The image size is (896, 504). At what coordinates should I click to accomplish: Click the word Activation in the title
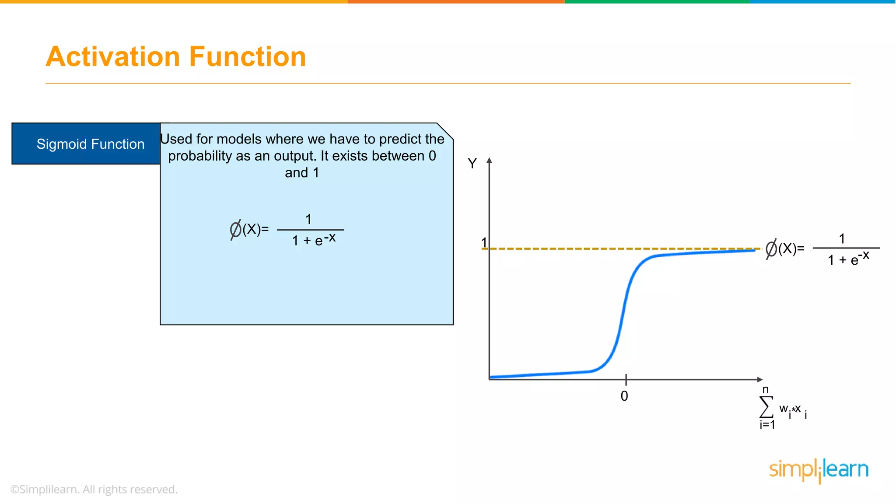tap(113, 57)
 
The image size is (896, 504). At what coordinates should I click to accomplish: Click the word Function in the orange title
tap(247, 57)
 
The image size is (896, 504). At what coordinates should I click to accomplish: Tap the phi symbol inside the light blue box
tap(235, 229)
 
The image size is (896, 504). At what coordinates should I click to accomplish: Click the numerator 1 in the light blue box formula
tap(308, 219)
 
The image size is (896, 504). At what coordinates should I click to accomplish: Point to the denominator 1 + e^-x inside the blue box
tap(313, 240)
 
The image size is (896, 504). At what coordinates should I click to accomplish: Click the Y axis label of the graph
tap(472, 164)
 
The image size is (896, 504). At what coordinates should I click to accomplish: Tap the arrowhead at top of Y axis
tap(489, 160)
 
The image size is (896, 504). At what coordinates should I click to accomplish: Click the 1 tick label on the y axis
tap(484, 242)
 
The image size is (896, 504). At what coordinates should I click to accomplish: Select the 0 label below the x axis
tap(624, 396)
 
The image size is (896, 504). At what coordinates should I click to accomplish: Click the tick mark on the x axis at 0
tap(626, 379)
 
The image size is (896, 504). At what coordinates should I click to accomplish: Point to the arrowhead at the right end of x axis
tap(760, 379)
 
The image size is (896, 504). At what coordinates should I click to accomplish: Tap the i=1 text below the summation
tap(767, 425)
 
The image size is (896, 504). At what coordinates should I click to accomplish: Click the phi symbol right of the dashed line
tap(771, 249)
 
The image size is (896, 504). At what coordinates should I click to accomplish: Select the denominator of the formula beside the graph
tap(848, 259)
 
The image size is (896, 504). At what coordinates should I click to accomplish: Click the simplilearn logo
tap(819, 470)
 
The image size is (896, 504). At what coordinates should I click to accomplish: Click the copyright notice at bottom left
tap(94, 490)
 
